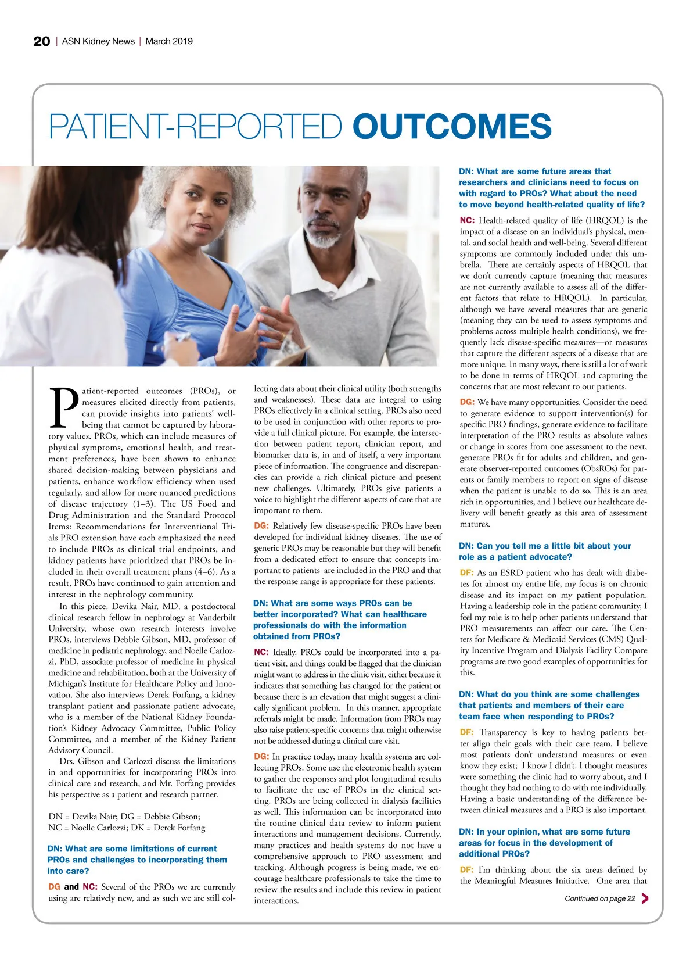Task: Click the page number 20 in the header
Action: point(41,41)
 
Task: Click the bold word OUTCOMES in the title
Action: point(451,126)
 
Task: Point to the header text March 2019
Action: point(169,41)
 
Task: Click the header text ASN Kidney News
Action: point(98,41)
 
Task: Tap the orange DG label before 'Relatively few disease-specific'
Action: point(261,526)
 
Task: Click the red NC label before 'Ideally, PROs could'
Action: point(261,652)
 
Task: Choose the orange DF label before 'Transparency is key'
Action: point(466,732)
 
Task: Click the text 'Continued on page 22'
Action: point(599,898)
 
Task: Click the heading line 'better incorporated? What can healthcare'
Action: point(340,614)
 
